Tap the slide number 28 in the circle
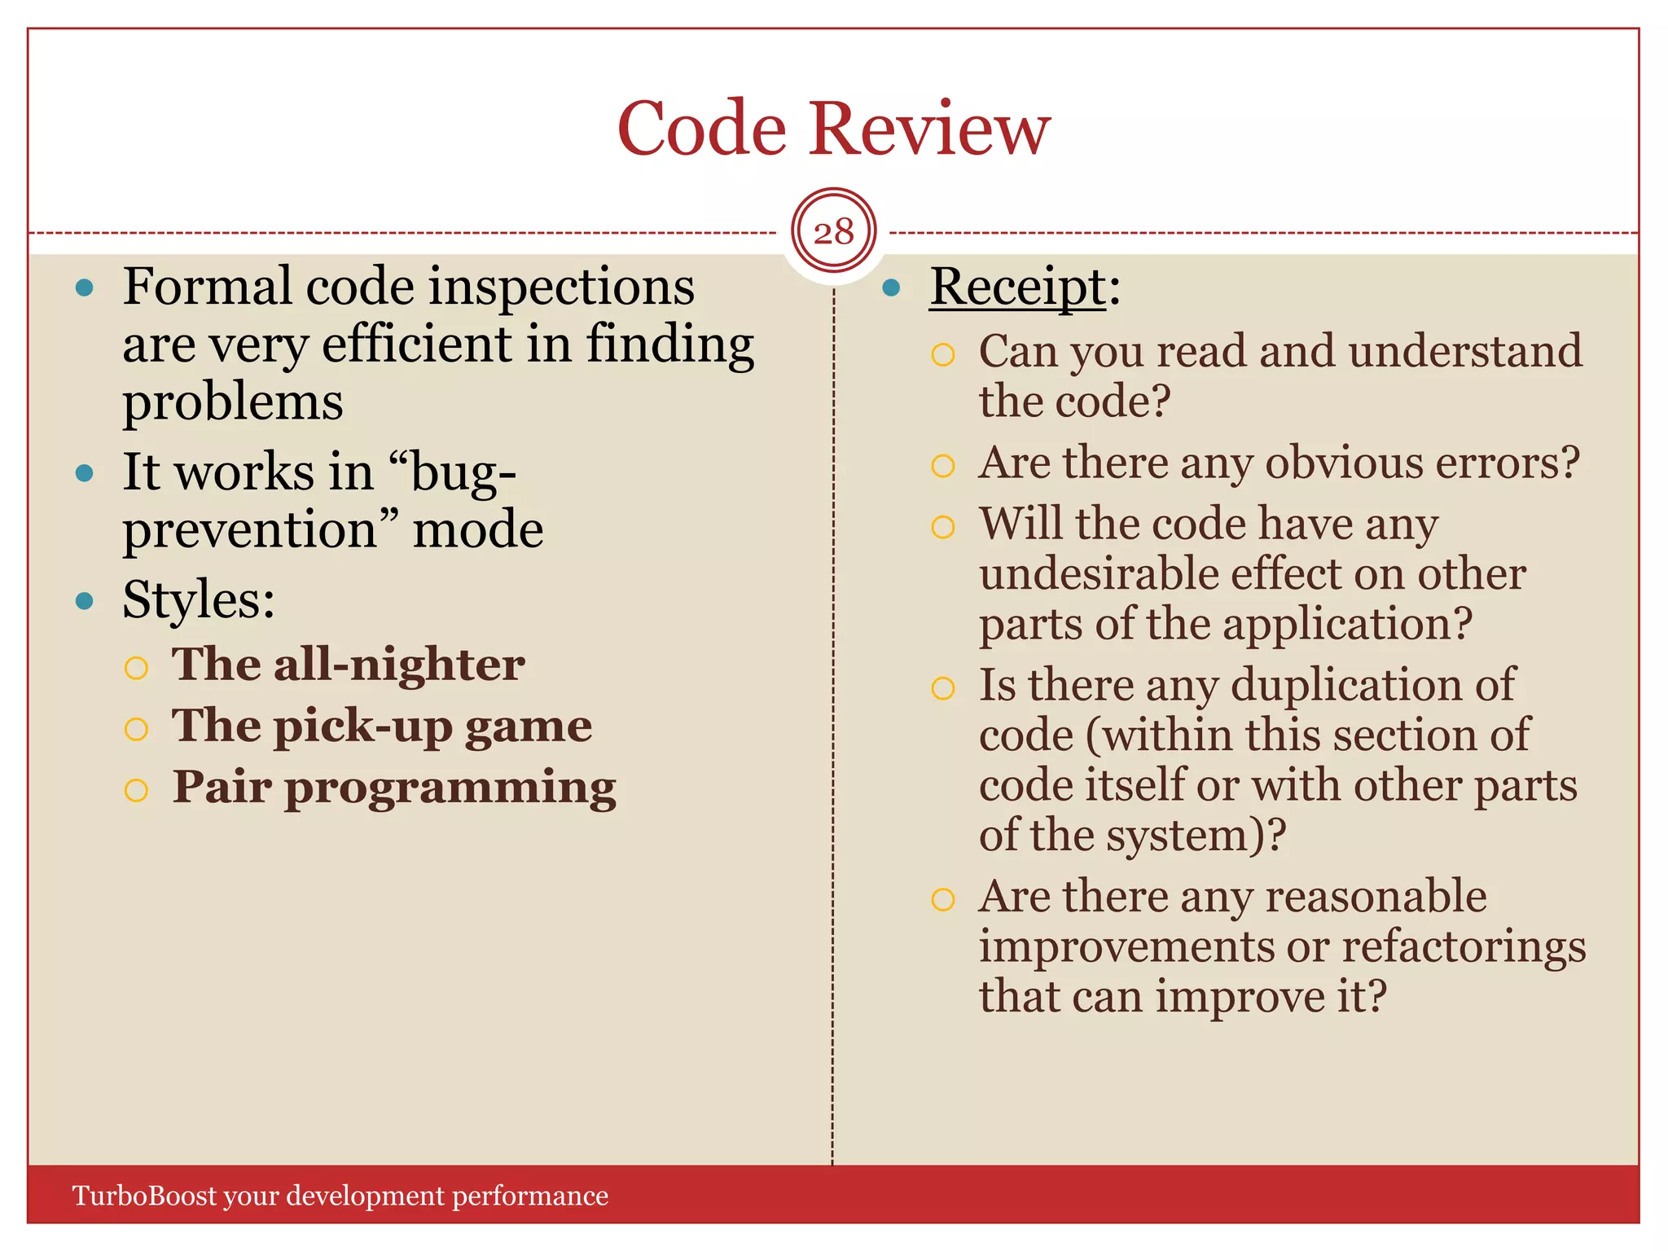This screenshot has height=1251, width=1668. (x=833, y=232)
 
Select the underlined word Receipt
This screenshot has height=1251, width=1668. (x=1018, y=288)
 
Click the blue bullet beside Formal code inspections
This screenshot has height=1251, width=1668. (x=85, y=288)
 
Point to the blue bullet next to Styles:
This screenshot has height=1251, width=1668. (x=85, y=601)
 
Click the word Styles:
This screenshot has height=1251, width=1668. (x=199, y=600)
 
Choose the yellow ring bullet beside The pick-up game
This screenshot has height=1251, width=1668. (x=136, y=728)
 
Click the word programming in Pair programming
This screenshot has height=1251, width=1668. (x=450, y=788)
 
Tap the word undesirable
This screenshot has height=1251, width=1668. (x=1099, y=574)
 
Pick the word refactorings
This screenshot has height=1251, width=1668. (x=1464, y=946)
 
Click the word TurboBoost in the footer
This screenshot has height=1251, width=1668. (x=145, y=1196)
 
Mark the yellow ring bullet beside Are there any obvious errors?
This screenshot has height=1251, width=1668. (x=942, y=466)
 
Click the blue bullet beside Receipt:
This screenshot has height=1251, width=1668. (x=892, y=288)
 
